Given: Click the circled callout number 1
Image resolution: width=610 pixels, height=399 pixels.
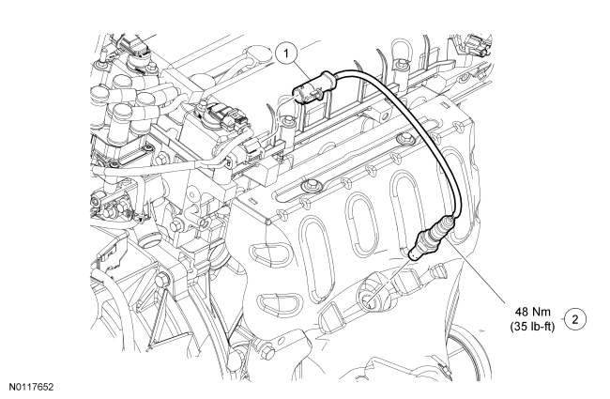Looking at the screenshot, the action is (286, 54).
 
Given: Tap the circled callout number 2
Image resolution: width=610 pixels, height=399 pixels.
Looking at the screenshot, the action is (575, 319).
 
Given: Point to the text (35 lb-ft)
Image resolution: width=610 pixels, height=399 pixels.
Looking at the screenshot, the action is (533, 326).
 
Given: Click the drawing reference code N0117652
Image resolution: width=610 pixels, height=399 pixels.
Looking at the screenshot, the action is (32, 387).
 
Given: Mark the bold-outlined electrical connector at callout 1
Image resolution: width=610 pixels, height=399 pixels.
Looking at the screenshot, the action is (313, 87).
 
